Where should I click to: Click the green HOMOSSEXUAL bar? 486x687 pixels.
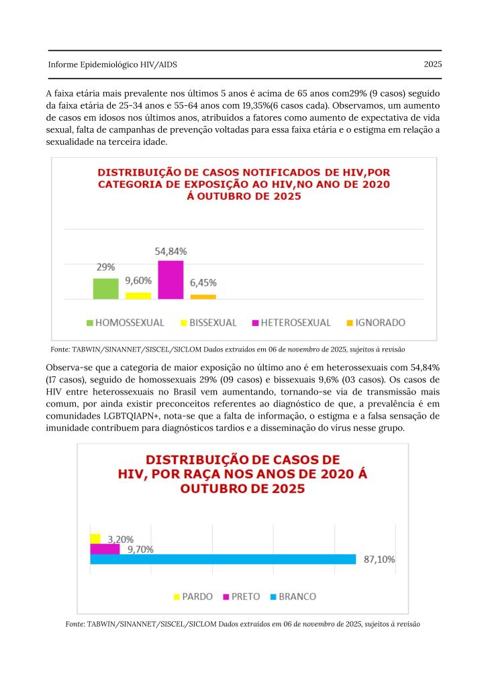pos(105,288)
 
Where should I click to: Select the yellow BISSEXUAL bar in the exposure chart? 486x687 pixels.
pos(138,295)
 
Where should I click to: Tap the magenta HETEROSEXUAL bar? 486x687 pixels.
pos(171,280)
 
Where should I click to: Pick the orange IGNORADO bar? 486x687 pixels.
pos(203,297)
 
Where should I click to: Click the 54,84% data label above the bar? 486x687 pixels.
pos(171,251)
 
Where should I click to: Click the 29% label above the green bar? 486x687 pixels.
pos(105,267)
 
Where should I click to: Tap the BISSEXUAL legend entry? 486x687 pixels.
pos(208,323)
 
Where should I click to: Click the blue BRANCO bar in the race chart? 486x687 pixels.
pos(222,559)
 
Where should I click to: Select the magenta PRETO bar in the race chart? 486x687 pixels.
pos(105,549)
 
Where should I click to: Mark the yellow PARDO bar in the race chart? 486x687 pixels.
pos(95,538)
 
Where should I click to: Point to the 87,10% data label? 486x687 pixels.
pos(379,560)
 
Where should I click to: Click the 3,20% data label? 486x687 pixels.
pos(121,539)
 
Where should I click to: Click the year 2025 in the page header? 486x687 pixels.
pos(432,64)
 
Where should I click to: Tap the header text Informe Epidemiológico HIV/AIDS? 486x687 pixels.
pos(112,64)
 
